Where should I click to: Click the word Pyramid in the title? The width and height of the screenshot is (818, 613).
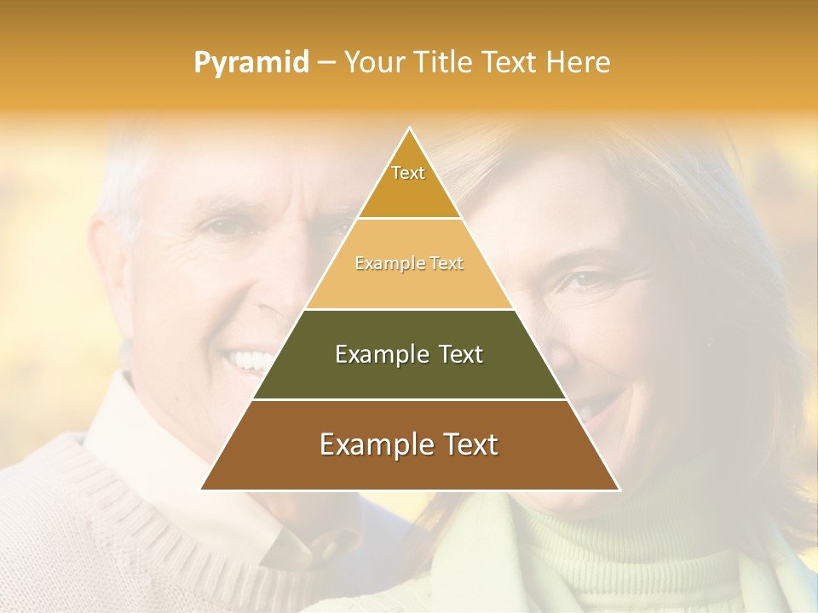(251, 63)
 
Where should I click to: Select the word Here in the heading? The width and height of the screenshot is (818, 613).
(579, 62)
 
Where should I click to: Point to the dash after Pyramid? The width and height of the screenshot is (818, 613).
(325, 63)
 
